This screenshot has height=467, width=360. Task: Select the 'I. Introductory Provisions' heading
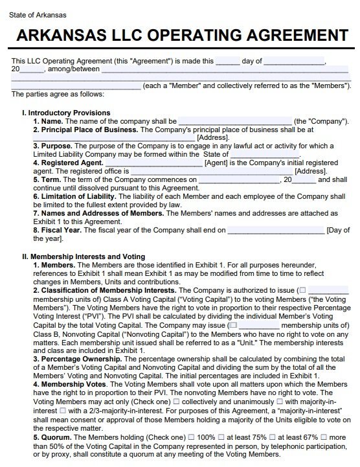[65, 113]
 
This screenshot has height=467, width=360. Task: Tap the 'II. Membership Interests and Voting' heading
[84, 257]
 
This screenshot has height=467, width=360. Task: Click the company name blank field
[234, 121]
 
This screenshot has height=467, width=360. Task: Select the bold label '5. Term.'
[47, 179]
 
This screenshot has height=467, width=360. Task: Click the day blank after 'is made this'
[227, 62]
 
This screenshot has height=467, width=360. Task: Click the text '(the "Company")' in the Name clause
[321, 121]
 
